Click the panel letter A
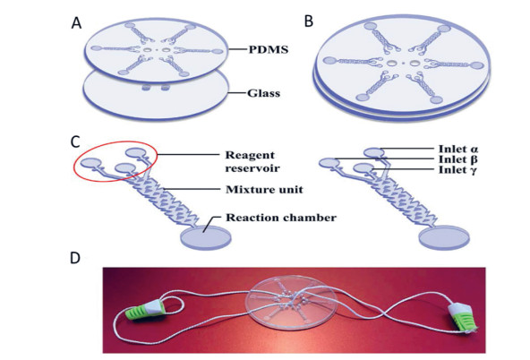[76, 23]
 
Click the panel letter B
[309, 21]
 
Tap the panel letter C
[75, 142]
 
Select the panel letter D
[75, 258]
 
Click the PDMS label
[269, 49]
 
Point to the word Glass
[263, 93]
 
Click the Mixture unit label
[264, 189]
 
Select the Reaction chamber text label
[281, 218]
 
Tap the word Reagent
[250, 156]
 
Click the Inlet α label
[458, 149]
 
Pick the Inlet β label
[457, 159]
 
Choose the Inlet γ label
[457, 169]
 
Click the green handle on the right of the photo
[462, 319]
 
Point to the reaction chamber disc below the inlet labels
[444, 239]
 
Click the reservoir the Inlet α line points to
[374, 153]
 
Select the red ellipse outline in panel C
[115, 141]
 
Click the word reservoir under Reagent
[252, 168]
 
